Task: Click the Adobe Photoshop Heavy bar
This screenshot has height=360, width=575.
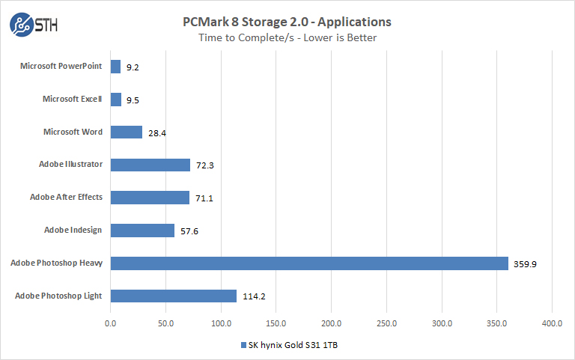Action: click(309, 263)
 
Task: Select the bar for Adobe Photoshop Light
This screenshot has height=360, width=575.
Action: click(173, 296)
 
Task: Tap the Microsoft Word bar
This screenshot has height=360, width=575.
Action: click(126, 132)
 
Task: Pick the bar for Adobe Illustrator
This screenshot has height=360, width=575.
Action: click(150, 165)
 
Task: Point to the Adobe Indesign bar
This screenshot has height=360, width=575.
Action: click(142, 231)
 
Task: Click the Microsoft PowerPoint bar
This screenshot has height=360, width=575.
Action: click(115, 67)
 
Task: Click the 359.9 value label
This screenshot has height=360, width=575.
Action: click(525, 263)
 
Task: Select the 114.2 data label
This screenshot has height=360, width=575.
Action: click(254, 296)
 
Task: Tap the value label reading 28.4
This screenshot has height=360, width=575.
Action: click(156, 132)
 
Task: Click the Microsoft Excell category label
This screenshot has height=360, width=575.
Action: click(72, 99)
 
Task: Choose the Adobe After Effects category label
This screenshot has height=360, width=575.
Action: click(66, 198)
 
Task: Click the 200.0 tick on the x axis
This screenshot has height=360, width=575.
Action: click(331, 324)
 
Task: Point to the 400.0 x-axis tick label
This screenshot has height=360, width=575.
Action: click(552, 324)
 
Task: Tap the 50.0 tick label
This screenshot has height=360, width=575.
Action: click(165, 324)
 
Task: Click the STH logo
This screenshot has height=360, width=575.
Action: click(34, 24)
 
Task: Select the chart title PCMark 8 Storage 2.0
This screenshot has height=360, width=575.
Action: click(287, 22)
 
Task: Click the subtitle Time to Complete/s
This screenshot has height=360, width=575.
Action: click(287, 37)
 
